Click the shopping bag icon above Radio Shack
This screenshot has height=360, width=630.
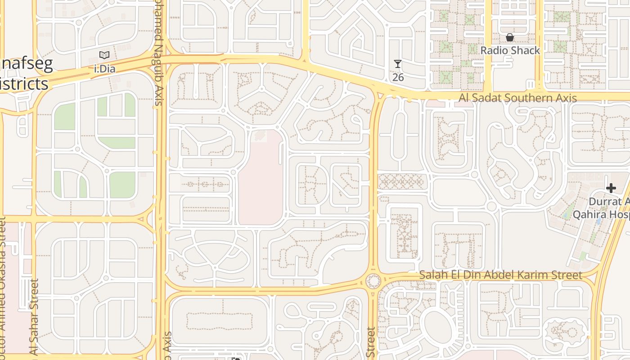tap(510, 37)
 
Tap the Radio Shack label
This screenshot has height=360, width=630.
tap(510, 50)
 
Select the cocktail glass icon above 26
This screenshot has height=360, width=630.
tap(398, 64)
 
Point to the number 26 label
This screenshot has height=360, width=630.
tap(398, 77)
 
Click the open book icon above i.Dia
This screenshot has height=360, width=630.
tap(104, 55)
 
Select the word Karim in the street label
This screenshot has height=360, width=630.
tap(567, 275)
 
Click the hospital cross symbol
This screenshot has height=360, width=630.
tap(611, 188)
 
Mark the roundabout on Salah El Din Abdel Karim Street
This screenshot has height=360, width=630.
tap(373, 281)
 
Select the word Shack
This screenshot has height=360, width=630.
tap(525, 50)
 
